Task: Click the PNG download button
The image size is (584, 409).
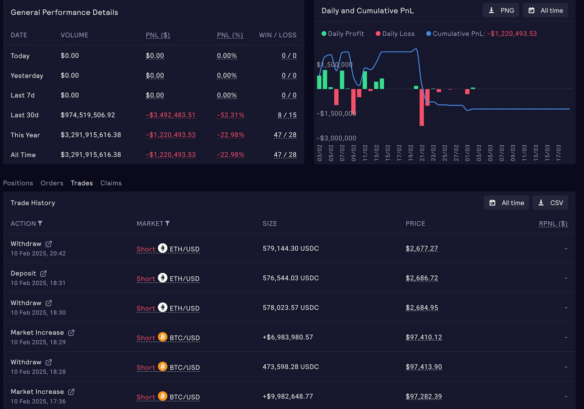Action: [501, 10]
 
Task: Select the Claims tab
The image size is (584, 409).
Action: [111, 183]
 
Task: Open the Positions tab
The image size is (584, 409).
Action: [18, 183]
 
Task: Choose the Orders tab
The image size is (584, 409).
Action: [52, 183]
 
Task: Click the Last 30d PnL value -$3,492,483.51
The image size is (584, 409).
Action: [170, 115]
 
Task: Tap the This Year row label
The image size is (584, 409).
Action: [25, 135]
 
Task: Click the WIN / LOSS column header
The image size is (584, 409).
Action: [277, 35]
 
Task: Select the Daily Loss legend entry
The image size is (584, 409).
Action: [395, 34]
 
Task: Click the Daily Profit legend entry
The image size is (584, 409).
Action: [342, 34]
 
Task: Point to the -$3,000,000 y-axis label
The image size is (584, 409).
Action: [337, 138]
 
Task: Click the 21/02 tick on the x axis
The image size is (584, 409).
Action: [422, 153]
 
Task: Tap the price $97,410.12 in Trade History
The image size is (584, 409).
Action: [424, 337]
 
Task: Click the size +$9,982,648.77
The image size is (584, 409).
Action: [288, 396]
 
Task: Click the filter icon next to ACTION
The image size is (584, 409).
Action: [40, 223]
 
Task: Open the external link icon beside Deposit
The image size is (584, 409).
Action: [44, 273]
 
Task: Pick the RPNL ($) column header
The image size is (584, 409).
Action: [553, 223]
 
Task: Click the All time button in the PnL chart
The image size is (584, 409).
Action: [545, 10]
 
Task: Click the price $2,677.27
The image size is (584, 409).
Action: [421, 249]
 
